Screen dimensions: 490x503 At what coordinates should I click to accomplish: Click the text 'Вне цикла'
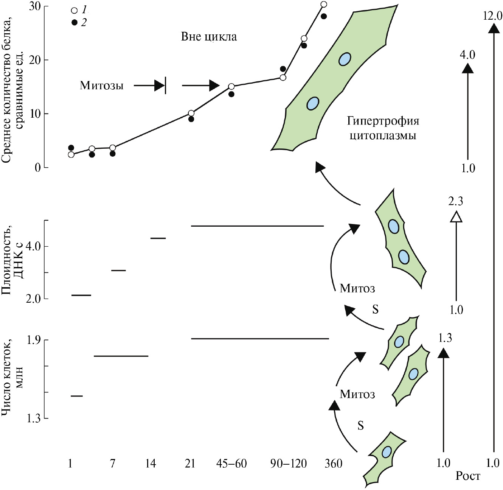point(209,37)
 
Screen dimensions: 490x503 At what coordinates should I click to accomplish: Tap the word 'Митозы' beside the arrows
point(101,86)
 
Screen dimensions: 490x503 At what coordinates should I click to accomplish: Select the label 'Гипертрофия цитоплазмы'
point(383,128)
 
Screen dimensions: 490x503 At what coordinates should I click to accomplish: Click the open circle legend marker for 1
point(75,10)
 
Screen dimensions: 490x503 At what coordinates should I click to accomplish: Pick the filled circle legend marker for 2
point(75,23)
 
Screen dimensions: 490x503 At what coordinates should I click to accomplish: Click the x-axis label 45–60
point(231,464)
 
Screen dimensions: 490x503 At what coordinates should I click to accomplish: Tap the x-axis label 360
point(333,464)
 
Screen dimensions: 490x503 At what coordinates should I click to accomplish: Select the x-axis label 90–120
point(289,464)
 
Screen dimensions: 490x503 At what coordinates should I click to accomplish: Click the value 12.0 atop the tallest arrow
point(492,16)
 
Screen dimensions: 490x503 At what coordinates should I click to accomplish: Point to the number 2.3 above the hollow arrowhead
point(456,201)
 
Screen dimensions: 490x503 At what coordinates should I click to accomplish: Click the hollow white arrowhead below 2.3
point(456,216)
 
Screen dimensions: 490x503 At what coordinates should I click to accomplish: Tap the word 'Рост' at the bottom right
point(468,476)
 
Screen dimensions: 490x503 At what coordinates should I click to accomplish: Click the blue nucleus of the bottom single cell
point(386,452)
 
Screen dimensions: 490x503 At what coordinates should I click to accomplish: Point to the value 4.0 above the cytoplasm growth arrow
point(467,55)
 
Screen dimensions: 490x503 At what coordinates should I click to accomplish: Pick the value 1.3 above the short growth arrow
point(444,338)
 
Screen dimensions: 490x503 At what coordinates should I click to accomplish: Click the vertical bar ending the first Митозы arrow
point(166,86)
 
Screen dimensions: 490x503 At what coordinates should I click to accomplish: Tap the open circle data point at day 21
point(191,113)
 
